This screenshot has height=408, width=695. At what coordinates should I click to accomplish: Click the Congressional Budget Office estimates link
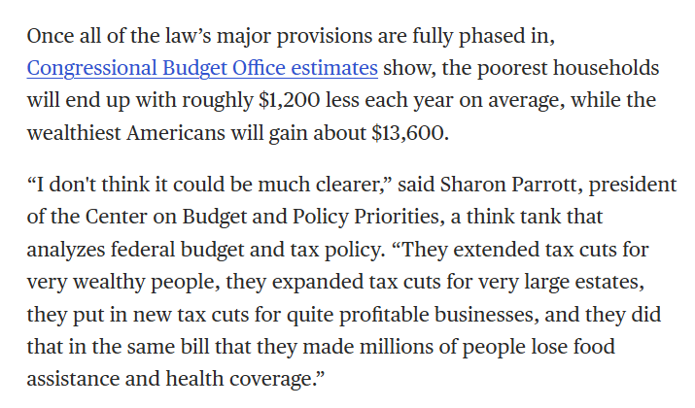(202, 69)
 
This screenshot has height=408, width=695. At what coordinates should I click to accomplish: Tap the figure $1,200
(289, 101)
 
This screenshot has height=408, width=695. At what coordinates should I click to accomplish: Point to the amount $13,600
(408, 133)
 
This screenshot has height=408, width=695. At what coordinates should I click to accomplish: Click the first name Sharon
(473, 185)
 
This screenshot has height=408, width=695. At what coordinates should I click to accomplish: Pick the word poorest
(512, 69)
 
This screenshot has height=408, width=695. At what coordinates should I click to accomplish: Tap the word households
(607, 68)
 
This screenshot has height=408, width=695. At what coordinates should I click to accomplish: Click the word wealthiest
(74, 132)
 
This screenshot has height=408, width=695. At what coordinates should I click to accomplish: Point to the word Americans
(176, 133)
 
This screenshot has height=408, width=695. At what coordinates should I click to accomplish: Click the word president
(633, 186)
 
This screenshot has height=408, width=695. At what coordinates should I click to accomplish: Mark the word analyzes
(65, 250)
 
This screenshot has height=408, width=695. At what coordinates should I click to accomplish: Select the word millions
(397, 347)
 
